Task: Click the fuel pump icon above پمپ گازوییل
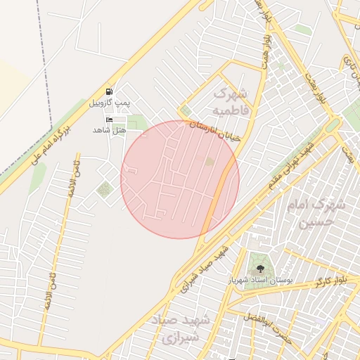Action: pyautogui.click(x=109, y=91)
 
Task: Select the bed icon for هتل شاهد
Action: pyautogui.click(x=109, y=120)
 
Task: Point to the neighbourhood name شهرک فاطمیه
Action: pyautogui.click(x=230, y=101)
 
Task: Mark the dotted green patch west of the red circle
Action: pyautogui.click(x=105, y=189)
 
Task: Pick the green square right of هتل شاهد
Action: pyautogui.click(x=136, y=123)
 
